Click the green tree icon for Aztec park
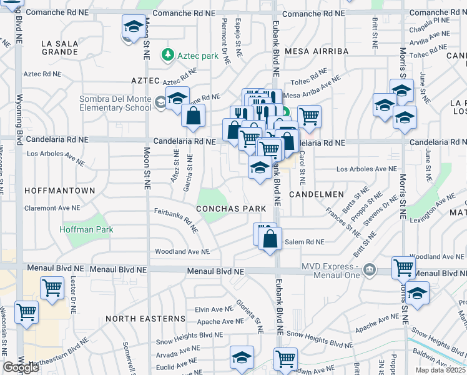[167, 56]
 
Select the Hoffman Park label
[86, 229]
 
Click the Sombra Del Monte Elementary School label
[115, 103]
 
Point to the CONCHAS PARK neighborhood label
[231, 209]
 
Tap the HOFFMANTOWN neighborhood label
[59, 190]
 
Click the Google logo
[21, 367]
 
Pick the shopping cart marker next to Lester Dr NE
[52, 288]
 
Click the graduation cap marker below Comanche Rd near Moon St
[132, 27]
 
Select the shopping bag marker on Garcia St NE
[194, 116]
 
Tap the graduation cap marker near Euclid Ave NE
[242, 357]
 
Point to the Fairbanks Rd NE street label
[176, 220]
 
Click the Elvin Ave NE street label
[210, 309]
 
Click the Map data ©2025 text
[440, 370]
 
